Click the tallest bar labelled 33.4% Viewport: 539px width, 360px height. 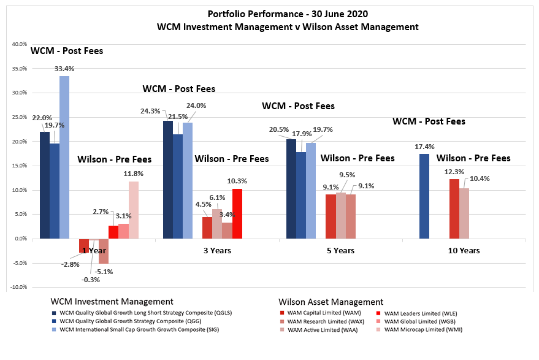pyautogui.click(x=64, y=157)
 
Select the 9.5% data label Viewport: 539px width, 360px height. pyautogui.click(x=347, y=175)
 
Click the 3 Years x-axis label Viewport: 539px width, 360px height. pyautogui.click(x=217, y=250)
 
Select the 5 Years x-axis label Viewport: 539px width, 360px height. pyautogui.click(x=340, y=250)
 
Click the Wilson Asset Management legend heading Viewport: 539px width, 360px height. pyautogui.click(x=331, y=302)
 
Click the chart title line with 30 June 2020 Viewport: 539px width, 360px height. pyautogui.click(x=272, y=13)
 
